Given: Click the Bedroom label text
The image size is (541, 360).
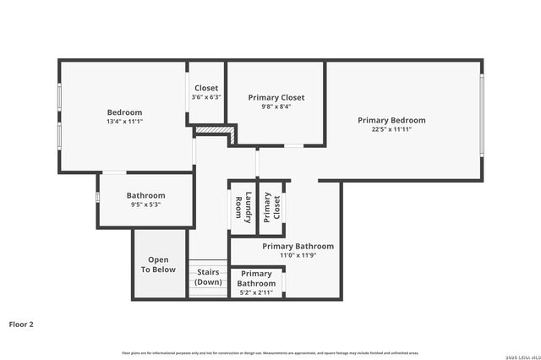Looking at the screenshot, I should tap(124, 112).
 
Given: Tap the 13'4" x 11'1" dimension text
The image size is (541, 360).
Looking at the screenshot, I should tap(124, 122).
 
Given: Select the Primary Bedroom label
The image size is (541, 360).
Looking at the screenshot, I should tap(391, 120).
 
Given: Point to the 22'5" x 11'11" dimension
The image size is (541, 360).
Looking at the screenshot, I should tap(391, 129).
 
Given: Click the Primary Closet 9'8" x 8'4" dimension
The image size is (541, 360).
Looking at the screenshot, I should tap(276, 106).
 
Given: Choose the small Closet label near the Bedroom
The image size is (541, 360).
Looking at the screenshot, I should tap(206, 88).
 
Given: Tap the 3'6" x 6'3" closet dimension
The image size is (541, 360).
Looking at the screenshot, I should tap(206, 97).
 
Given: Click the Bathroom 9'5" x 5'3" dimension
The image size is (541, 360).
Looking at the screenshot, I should tap(145, 205).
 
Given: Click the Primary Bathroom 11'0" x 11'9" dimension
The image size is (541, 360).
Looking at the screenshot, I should tap(298, 255).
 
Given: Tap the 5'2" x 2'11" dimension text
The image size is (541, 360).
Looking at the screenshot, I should tap(256, 292).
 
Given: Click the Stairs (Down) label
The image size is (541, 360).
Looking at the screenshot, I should tap(208, 276).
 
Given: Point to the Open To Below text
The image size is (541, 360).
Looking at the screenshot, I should tap(158, 265).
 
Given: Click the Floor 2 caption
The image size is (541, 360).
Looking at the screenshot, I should tap(21, 324).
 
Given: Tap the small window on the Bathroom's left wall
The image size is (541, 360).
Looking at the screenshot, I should tap(98, 198).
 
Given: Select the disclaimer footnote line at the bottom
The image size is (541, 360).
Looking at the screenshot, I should tap(270, 352).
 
